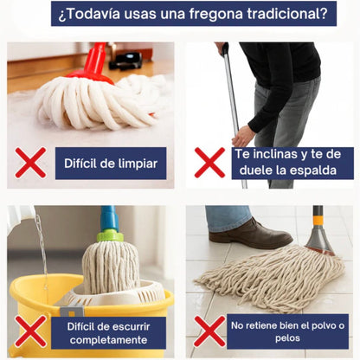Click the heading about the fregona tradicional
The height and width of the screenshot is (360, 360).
coord(180,14)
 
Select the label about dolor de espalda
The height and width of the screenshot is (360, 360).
coord(292,162)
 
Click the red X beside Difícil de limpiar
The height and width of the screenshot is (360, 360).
coord(30,163)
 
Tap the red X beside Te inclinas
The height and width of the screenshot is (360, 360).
coord(209,162)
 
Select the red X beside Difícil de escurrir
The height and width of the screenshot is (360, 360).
coord(30,331)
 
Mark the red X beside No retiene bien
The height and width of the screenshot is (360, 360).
coord(209,331)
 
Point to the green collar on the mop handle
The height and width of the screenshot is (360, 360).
coord(110,234)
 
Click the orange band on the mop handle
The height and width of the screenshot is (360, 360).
coord(318,220)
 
